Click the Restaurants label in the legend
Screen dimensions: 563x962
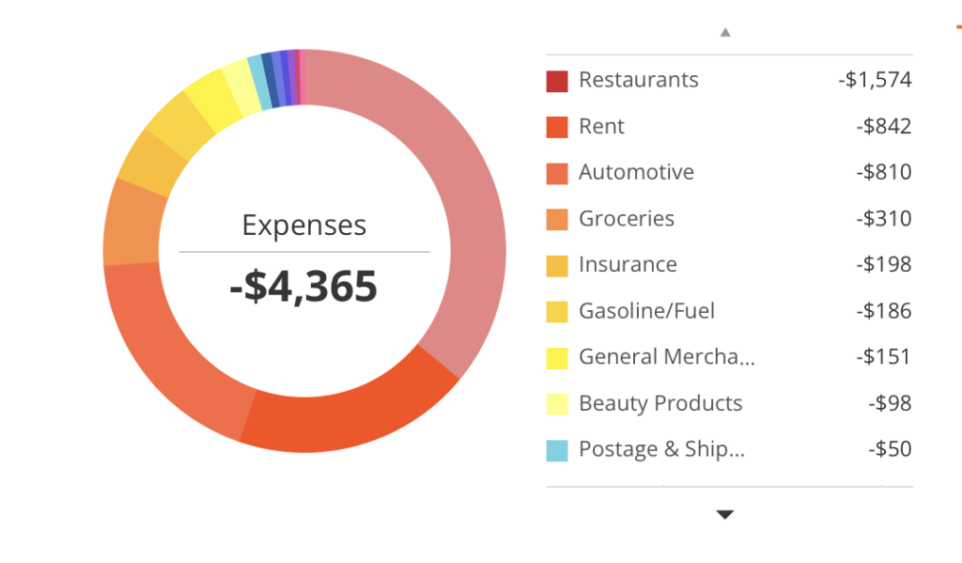tap(638, 80)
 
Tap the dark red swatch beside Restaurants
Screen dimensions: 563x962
tap(557, 81)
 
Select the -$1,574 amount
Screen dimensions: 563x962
tap(875, 80)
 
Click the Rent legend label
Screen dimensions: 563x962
tap(601, 126)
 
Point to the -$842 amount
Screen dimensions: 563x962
tap(883, 126)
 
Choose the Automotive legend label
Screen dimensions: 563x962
tap(636, 172)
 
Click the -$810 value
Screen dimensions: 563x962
tap(883, 172)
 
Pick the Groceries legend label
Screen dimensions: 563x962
tap(626, 218)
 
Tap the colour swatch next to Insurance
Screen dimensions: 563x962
tap(557, 266)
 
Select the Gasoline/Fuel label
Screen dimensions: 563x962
tap(646, 310)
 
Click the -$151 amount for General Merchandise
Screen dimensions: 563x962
tap(883, 356)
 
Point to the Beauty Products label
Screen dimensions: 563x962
tap(660, 403)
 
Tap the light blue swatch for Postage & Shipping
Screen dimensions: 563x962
tap(557, 450)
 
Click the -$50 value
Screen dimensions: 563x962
tap(890, 449)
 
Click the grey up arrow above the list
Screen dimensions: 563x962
tap(725, 32)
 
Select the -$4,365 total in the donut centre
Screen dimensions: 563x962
tap(303, 286)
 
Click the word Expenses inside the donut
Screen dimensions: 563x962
tap(303, 226)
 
